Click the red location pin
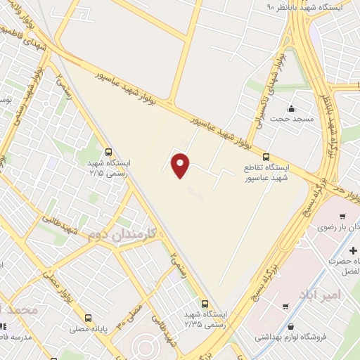point(181,166)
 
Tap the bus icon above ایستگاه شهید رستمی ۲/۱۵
point(108,151)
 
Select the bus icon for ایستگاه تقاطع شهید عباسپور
point(266,157)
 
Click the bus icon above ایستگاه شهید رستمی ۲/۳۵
point(205,304)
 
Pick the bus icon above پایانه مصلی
point(89,318)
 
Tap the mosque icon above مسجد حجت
point(291,109)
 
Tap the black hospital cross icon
point(353,250)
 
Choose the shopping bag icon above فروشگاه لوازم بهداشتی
point(290,326)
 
